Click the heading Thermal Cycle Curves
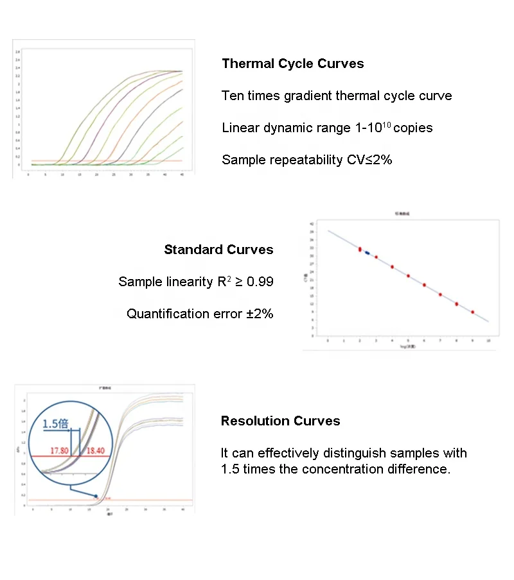click(292, 64)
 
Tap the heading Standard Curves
click(218, 250)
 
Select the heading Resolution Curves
click(280, 421)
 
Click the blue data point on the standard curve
click(368, 253)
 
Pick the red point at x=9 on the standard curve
click(472, 312)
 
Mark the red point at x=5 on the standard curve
click(408, 276)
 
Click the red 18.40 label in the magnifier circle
click(94, 452)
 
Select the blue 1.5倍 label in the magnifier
click(56, 424)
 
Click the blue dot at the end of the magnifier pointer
click(96, 496)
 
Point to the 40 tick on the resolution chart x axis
click(183, 509)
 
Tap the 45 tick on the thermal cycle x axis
click(182, 173)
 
